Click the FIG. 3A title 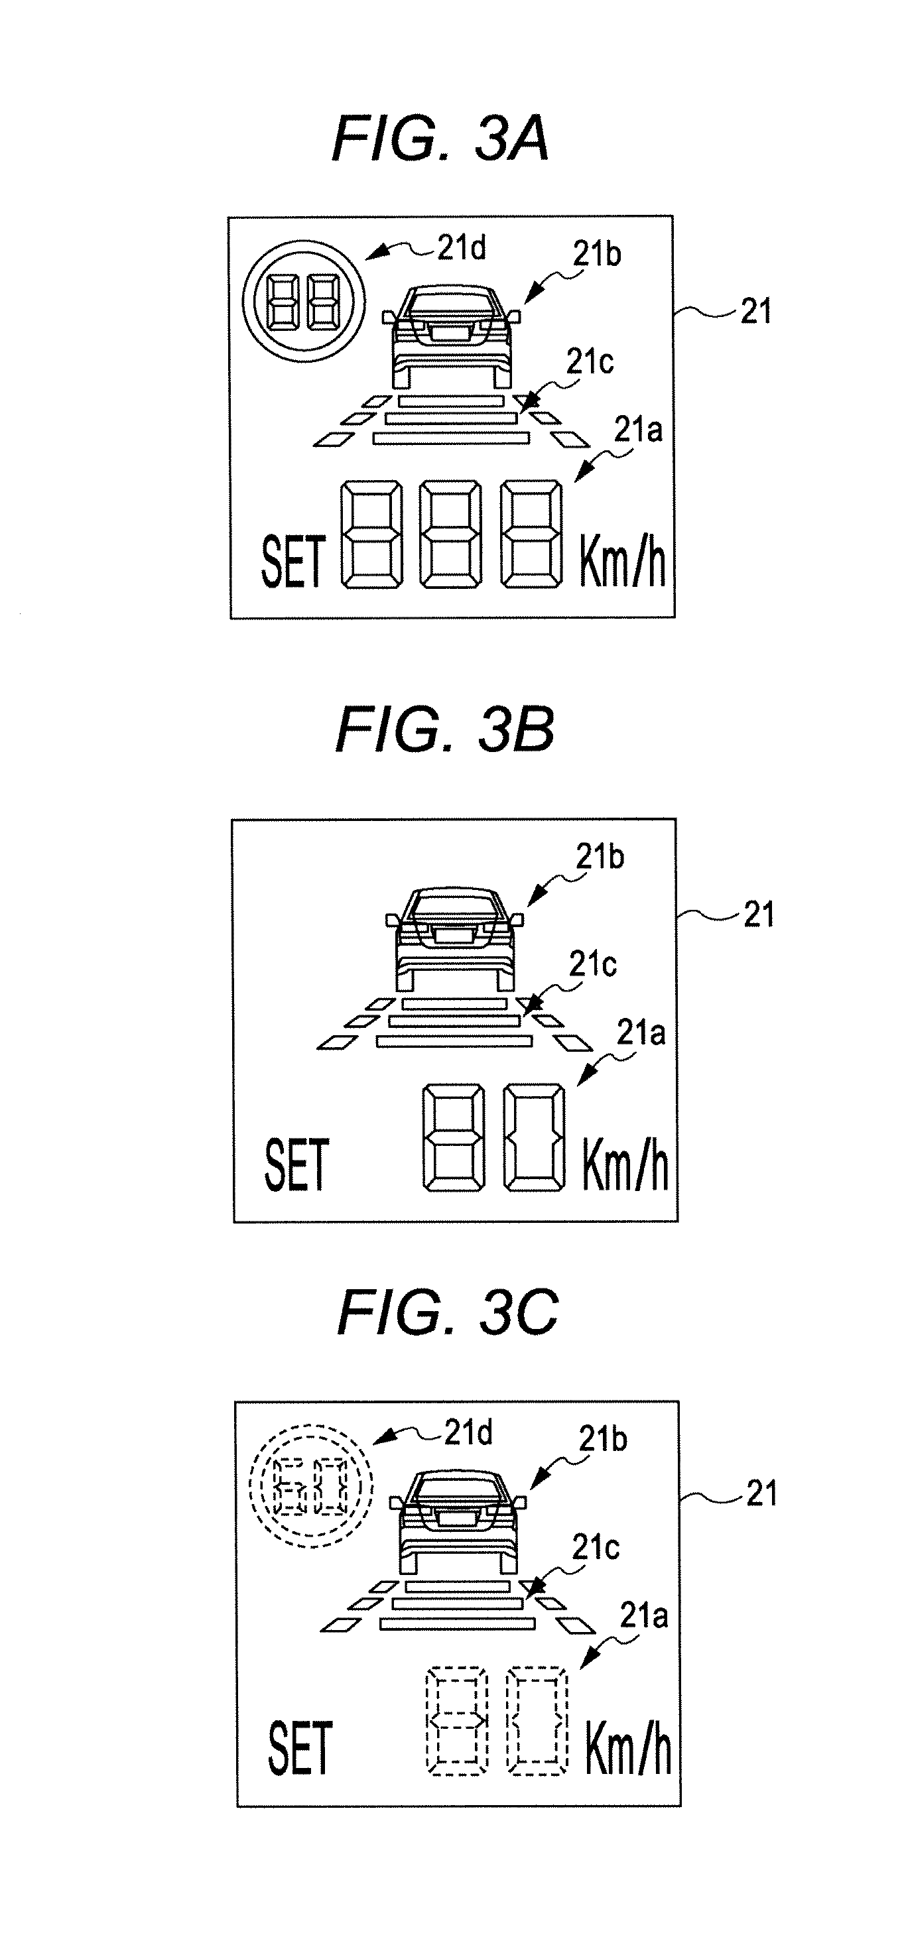(x=440, y=139)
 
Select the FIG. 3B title (x=445, y=730)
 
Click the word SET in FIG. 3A (x=293, y=561)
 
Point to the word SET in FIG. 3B (x=296, y=1165)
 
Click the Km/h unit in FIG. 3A (x=622, y=561)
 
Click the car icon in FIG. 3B (x=455, y=938)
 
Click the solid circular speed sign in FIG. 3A (x=304, y=302)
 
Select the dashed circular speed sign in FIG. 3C (x=311, y=1487)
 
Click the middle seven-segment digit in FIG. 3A (x=451, y=535)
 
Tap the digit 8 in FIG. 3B (x=453, y=1137)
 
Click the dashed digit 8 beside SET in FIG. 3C (x=456, y=1720)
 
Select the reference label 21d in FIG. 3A (x=462, y=248)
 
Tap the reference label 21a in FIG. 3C (x=643, y=1616)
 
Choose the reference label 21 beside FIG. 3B (x=759, y=915)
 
